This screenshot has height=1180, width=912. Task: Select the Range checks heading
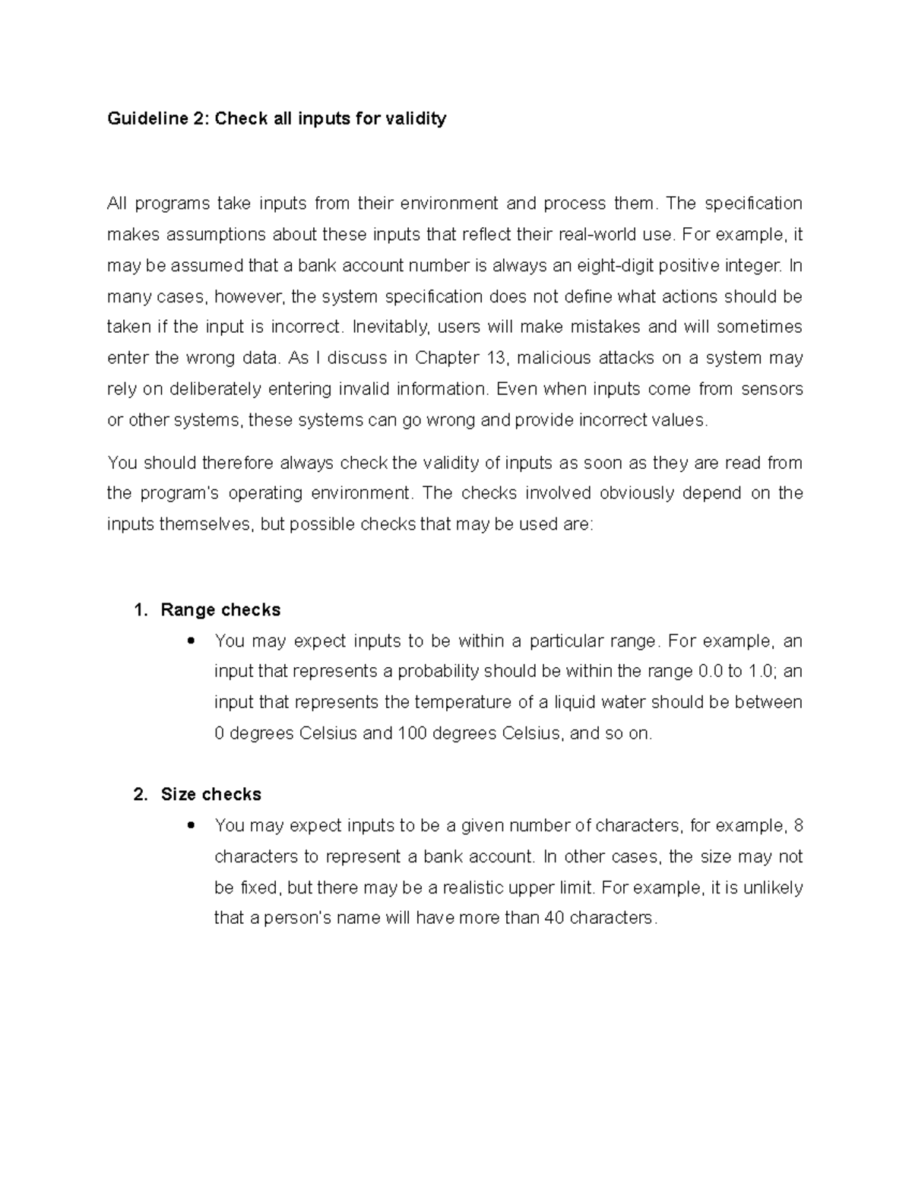pyautogui.click(x=220, y=610)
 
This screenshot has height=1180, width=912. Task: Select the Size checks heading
pyautogui.click(x=211, y=795)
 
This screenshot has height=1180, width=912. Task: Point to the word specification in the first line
pyautogui.click(x=753, y=204)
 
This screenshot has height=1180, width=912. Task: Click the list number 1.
pyautogui.click(x=139, y=610)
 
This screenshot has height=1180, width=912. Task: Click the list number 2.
pyautogui.click(x=139, y=795)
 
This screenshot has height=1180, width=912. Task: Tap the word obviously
pyautogui.click(x=637, y=493)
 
